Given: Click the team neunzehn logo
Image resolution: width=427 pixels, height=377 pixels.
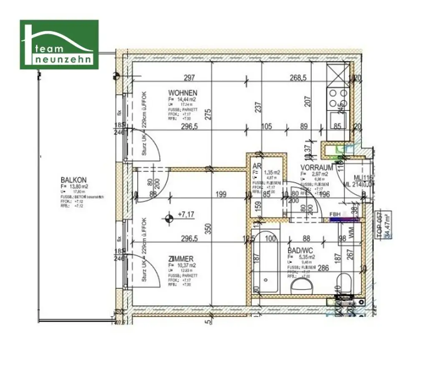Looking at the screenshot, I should click(59, 45).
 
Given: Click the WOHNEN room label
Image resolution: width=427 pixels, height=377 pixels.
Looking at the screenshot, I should click(183, 92).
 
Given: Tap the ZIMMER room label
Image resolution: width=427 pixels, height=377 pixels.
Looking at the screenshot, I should click(181, 259).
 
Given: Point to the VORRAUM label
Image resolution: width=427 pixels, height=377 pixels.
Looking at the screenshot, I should click(317, 167).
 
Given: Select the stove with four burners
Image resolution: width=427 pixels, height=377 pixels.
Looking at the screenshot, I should click(338, 98).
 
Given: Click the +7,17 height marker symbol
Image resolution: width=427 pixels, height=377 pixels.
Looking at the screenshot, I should click(169, 217).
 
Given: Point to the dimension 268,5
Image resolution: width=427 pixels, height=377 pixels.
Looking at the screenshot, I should click(299, 77).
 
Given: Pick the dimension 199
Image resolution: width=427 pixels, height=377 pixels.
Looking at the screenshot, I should click(221, 194).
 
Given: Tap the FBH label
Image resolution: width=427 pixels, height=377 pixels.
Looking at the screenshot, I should click(335, 215).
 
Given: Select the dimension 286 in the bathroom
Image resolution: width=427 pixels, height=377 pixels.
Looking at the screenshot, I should click(323, 267).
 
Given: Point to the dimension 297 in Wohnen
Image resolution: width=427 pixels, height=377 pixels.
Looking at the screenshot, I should click(190, 77).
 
